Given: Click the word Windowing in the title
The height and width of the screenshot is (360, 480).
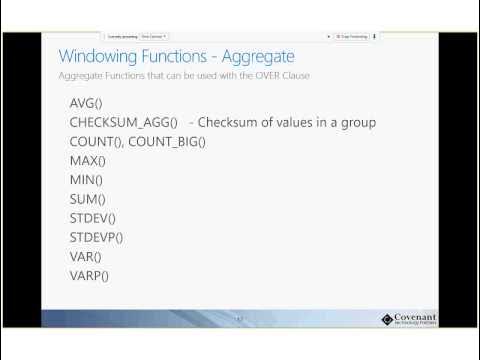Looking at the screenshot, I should [98, 56].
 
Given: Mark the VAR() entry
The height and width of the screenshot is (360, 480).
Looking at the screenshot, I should [86, 256].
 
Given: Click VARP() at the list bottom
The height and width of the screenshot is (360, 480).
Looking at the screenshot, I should [90, 275].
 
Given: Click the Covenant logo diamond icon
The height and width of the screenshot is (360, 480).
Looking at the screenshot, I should [389, 319].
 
